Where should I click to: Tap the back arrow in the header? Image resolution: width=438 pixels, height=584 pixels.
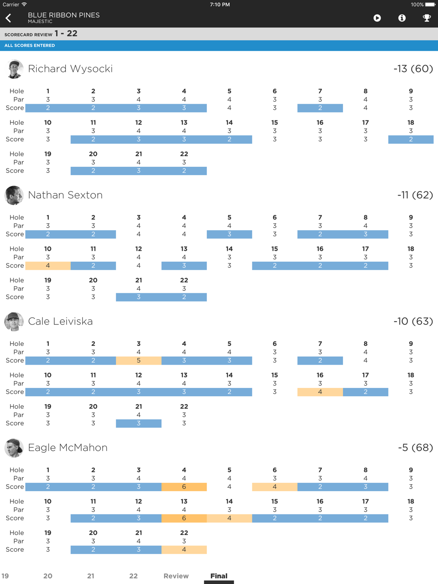pos(8,18)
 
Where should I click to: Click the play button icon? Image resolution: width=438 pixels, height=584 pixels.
pos(377,18)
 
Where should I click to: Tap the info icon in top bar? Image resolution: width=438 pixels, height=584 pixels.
pos(402,18)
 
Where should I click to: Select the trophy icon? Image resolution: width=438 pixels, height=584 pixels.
pos(427,18)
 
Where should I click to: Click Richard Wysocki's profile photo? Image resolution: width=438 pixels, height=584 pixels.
pos(14,69)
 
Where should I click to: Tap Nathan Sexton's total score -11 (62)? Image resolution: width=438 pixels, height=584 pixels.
pos(415,195)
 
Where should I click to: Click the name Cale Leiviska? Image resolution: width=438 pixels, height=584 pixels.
pos(60,321)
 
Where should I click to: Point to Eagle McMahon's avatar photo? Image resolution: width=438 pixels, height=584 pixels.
pos(14,448)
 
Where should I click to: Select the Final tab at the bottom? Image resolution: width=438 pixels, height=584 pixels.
pos(219,576)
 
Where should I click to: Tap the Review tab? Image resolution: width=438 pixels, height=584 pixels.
pos(176,576)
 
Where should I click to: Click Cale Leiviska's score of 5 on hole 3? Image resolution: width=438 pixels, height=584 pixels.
pos(138,361)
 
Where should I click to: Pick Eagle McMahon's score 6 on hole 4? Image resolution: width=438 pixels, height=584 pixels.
pos(184,487)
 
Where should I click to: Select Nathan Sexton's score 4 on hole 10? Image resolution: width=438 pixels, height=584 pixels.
pos(48,266)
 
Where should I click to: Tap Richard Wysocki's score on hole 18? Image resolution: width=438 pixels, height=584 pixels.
pos(411,140)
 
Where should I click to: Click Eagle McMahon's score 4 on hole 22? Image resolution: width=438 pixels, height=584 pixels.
pos(184,550)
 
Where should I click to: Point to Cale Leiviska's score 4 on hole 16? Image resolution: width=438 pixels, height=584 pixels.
pos(320,392)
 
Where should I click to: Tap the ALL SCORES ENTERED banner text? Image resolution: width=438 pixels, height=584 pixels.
pos(30,46)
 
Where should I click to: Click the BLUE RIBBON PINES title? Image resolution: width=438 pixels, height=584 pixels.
pos(64,15)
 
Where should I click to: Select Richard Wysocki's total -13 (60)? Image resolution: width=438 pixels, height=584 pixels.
pos(413,69)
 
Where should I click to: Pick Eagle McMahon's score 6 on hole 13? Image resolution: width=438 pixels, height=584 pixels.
pos(184,518)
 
